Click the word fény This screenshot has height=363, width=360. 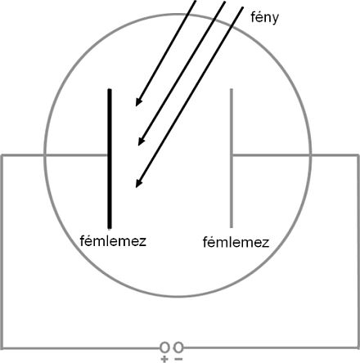[264, 18]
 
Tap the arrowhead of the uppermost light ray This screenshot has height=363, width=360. [138, 102]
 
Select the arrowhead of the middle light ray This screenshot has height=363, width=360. [141, 141]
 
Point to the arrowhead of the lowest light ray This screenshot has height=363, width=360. [138, 183]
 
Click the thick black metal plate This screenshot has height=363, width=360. [110, 159]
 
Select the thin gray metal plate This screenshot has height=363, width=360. [232, 158]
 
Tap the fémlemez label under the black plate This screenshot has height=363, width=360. [113, 241]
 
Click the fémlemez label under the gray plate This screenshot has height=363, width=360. [236, 242]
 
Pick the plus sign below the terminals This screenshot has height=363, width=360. [164, 359]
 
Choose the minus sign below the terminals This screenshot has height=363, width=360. [178, 359]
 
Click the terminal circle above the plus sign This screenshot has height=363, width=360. [164, 347]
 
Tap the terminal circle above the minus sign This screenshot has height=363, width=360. [178, 347]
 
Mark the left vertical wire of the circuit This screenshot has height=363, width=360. [2, 252]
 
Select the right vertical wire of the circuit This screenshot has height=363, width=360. [358, 252]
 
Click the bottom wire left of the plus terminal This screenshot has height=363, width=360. [81, 348]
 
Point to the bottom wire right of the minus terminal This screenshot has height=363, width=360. [271, 348]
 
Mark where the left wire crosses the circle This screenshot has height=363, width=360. [45, 155]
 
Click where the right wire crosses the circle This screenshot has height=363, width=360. [310, 155]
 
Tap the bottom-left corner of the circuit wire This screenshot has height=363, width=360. [2, 348]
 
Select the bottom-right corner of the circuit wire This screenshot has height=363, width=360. [358, 348]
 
